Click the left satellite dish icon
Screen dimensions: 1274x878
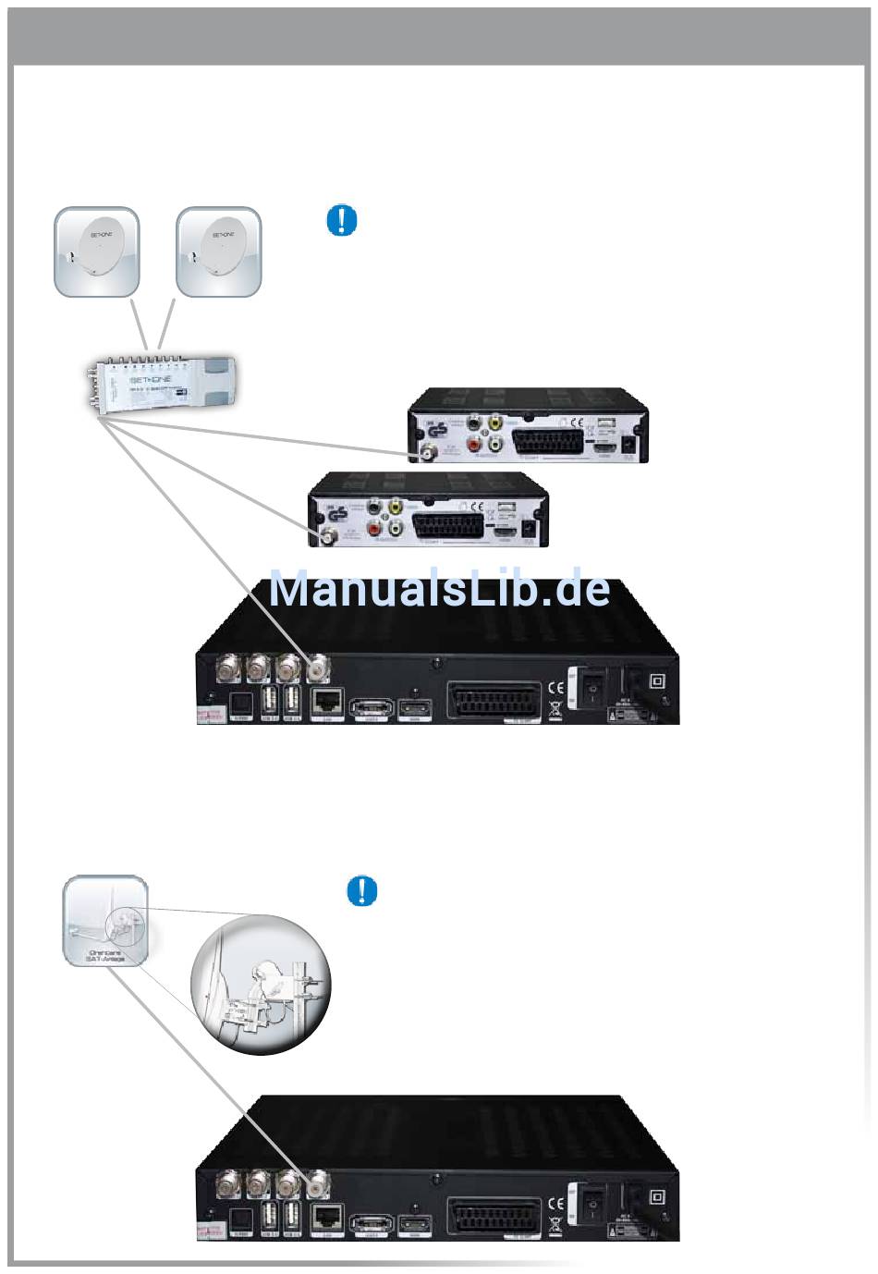click(97, 251)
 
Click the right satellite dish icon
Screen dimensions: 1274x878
click(219, 251)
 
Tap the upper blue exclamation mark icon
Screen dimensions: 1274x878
click(342, 221)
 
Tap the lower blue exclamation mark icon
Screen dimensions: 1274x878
click(361, 890)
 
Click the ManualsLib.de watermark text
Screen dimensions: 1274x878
click(439, 589)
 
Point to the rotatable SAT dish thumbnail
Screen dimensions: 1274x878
click(105, 920)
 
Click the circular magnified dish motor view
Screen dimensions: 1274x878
click(261, 985)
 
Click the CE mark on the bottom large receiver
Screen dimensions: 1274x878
click(555, 1203)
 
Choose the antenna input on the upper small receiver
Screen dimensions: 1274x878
click(428, 453)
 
